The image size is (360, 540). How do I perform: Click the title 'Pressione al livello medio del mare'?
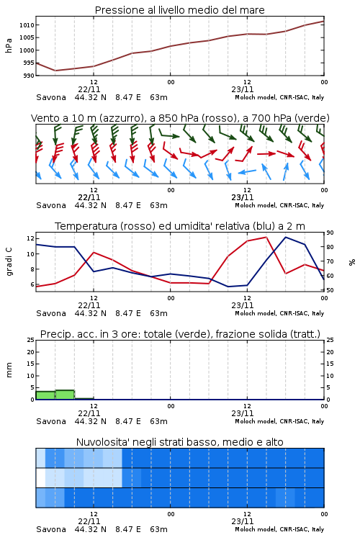point(179,10)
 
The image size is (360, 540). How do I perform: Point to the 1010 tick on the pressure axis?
point(27,25)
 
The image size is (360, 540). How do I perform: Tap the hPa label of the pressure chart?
point(9,45)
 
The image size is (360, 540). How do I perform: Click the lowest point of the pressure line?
point(55,71)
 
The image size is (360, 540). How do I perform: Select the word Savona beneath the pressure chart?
point(51,97)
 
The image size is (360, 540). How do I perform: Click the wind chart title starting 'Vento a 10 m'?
point(180,118)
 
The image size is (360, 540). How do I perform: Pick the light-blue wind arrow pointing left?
point(248,171)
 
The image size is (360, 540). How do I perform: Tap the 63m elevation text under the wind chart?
point(158,206)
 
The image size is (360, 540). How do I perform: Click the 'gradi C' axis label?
point(9,261)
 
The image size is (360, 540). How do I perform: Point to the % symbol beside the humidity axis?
point(352,262)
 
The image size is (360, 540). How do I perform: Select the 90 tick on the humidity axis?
point(330,233)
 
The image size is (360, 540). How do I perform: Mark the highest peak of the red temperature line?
point(266,237)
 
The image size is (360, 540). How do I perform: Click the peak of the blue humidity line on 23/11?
point(286,237)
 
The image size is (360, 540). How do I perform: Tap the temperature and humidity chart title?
point(180,226)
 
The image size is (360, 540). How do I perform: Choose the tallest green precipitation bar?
point(65,395)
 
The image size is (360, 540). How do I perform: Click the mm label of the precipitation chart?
point(9,369)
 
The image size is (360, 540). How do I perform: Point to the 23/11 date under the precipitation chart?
point(243,413)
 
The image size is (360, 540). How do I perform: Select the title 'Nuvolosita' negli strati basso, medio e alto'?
point(179,442)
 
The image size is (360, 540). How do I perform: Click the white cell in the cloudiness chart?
point(40,477)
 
